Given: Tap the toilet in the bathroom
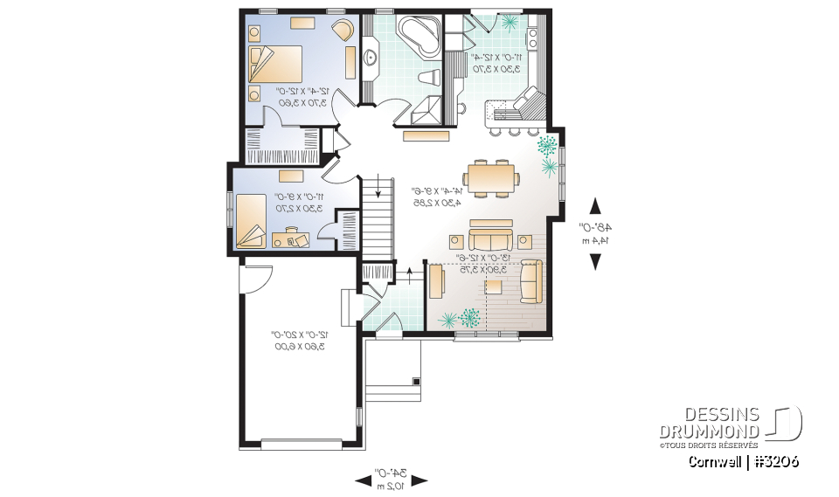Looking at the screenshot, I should (x=430, y=77).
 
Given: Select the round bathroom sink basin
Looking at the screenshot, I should (x=370, y=59).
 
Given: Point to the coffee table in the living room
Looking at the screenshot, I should (x=495, y=286).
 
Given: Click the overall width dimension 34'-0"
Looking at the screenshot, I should (x=392, y=479).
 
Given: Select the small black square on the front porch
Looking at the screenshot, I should (x=417, y=382).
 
